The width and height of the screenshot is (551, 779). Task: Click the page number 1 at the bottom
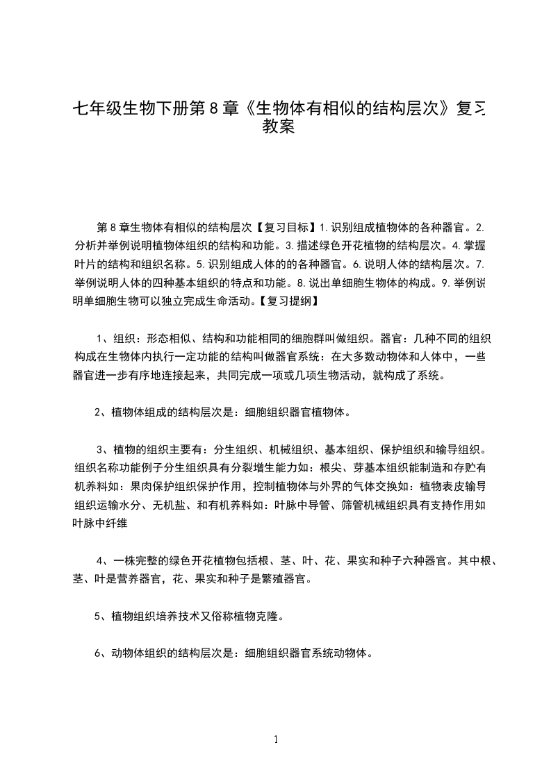pos(277,739)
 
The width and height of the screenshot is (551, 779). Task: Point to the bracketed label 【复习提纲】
pos(288,301)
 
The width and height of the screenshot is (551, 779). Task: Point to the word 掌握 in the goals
pos(475,245)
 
